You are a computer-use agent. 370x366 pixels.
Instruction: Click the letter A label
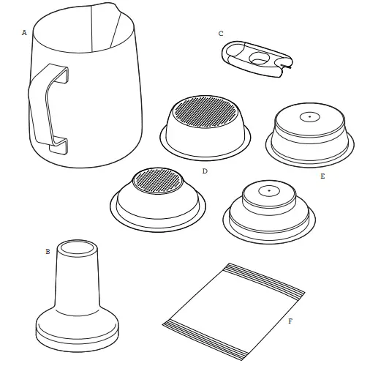click(x=24, y=33)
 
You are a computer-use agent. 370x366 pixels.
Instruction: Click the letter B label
click(x=48, y=252)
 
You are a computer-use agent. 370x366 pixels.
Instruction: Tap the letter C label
click(x=221, y=34)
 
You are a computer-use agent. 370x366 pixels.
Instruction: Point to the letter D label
click(x=205, y=171)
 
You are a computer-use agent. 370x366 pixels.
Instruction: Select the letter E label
click(x=322, y=176)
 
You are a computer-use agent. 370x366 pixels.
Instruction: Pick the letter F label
click(x=290, y=321)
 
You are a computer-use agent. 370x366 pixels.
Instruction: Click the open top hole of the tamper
click(x=78, y=248)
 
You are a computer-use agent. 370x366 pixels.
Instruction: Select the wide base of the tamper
click(x=78, y=332)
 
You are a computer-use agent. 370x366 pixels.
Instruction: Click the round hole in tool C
click(x=260, y=58)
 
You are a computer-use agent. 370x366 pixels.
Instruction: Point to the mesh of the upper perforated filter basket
click(x=205, y=111)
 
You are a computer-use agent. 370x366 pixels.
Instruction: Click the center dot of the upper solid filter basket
click(x=310, y=117)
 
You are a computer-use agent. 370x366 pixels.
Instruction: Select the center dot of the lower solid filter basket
click(x=269, y=190)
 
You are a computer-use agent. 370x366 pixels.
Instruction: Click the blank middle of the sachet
click(x=234, y=311)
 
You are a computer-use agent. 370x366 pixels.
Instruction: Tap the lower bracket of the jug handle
click(x=57, y=146)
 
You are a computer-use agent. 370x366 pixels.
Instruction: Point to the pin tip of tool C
click(x=290, y=67)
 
